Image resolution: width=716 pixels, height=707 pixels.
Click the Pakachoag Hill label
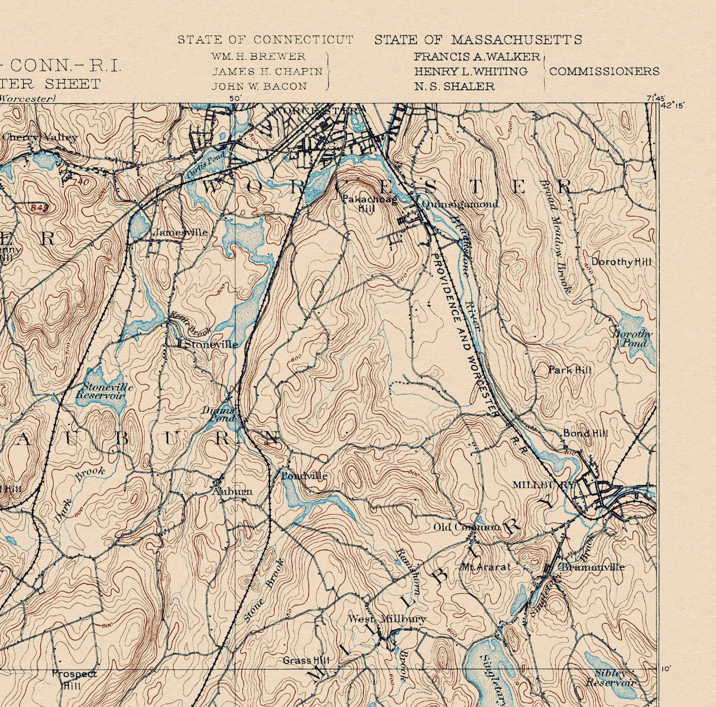click(369, 204)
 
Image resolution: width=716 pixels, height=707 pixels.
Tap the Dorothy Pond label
click(632, 338)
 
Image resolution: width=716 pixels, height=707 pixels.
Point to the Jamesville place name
click(180, 232)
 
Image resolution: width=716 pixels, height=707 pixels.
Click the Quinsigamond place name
click(459, 204)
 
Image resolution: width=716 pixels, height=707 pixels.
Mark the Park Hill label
click(570, 370)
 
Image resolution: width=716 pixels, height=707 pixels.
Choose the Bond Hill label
click(585, 434)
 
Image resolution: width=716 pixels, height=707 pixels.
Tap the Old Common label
click(466, 527)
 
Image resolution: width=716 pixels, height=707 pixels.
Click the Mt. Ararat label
click(485, 567)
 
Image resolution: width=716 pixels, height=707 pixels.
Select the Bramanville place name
click(591, 567)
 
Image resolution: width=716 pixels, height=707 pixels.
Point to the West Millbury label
click(387, 619)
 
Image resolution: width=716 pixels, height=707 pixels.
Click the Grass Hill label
click(306, 660)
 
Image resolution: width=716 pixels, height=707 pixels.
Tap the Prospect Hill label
click(74, 679)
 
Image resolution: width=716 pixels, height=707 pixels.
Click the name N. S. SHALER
click(454, 86)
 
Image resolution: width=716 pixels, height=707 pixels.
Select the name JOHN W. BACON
click(259, 86)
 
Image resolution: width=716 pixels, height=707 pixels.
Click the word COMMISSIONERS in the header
click(604, 72)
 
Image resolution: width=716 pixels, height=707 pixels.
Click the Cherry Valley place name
click(39, 138)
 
